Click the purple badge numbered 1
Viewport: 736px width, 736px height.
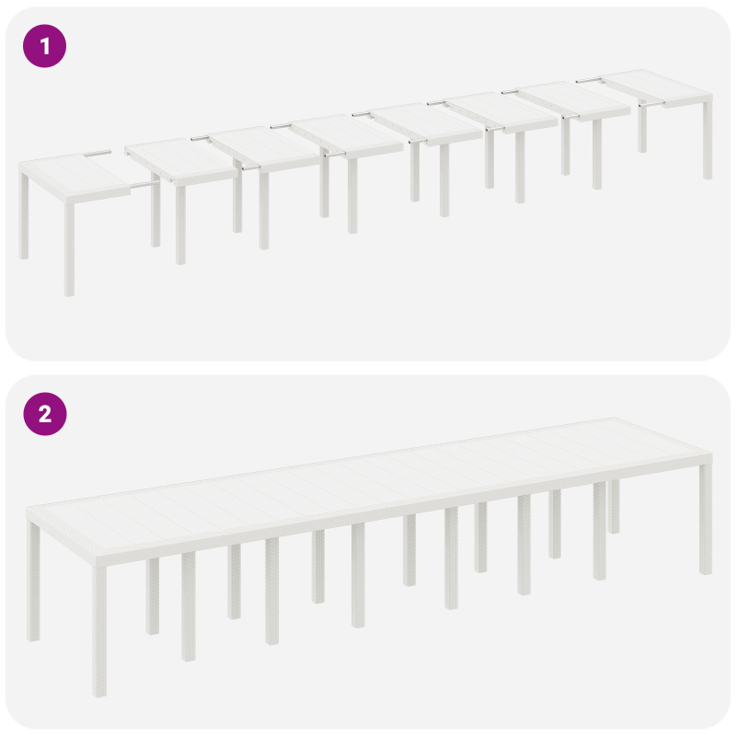pos(44,45)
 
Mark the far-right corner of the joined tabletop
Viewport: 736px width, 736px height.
pos(709,457)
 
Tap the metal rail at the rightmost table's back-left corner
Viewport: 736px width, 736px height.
pos(589,81)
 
